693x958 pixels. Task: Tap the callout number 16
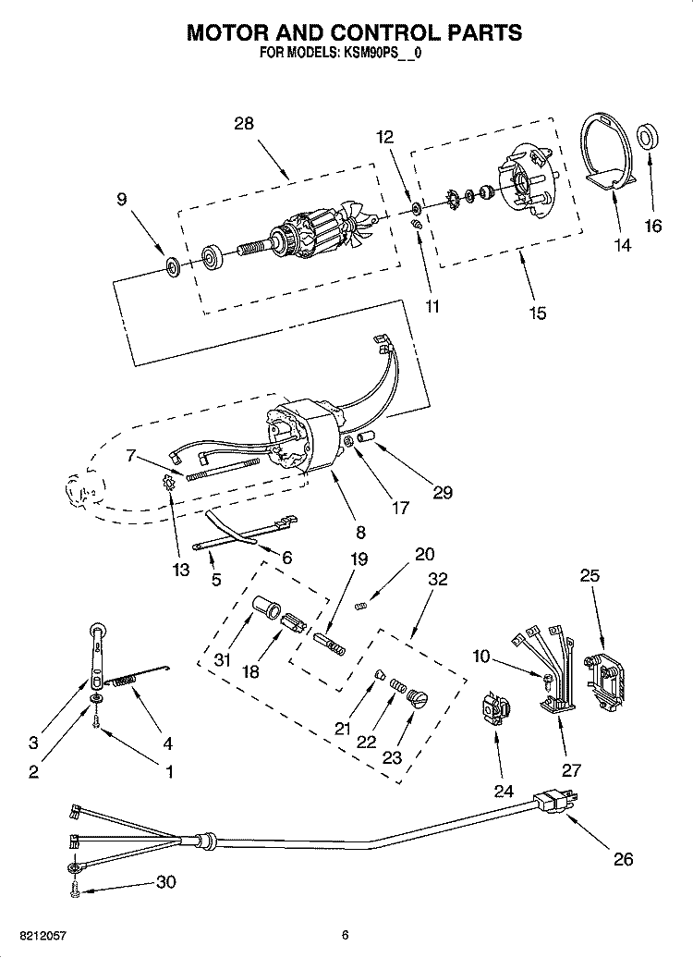[x=652, y=225]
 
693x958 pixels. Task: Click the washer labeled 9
[x=172, y=267]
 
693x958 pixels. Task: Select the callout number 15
[x=537, y=313]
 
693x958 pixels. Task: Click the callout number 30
[x=165, y=881]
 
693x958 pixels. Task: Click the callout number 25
[x=590, y=575]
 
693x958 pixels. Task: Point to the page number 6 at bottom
[x=344, y=935]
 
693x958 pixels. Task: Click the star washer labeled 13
[x=168, y=482]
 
